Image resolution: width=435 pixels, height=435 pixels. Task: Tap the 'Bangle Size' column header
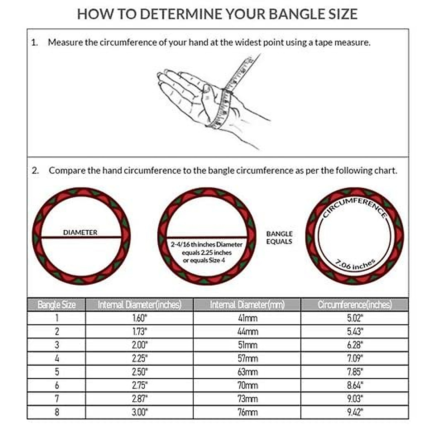[57, 304]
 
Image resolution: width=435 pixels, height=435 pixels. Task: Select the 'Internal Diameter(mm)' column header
[247, 304]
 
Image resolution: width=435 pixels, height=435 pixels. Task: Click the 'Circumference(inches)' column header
[355, 304]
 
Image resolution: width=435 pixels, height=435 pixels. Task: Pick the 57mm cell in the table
[248, 359]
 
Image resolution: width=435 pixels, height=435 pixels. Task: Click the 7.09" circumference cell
[355, 359]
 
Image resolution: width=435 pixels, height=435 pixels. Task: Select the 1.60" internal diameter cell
[140, 318]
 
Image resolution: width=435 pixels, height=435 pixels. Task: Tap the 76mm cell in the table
[248, 412]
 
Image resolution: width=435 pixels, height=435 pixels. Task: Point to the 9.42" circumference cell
[355, 412]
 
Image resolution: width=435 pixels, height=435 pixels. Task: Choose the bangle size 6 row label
[57, 385]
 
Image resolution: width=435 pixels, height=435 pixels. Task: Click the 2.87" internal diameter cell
[140, 399]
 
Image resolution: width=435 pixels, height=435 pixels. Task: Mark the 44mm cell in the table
[248, 332]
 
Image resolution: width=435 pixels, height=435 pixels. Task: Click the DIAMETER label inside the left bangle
[80, 232]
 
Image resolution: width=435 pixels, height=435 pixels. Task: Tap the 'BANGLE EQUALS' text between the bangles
[279, 238]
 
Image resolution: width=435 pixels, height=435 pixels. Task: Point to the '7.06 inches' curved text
[354, 265]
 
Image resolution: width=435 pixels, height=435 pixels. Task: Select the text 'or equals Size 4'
[204, 260]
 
